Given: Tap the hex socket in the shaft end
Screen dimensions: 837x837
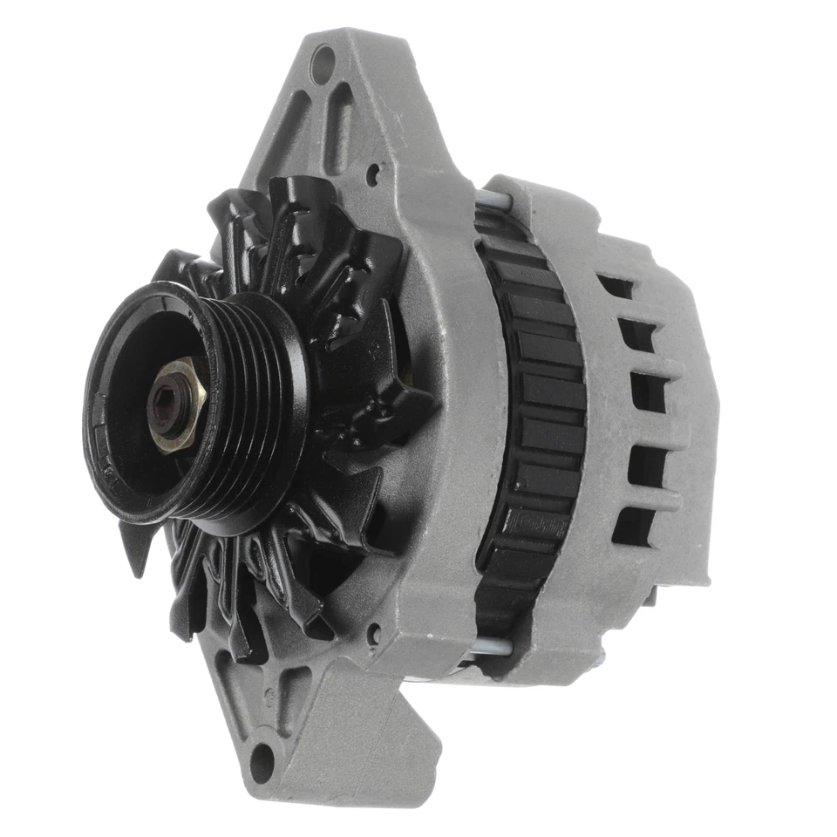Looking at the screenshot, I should point(167,403).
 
